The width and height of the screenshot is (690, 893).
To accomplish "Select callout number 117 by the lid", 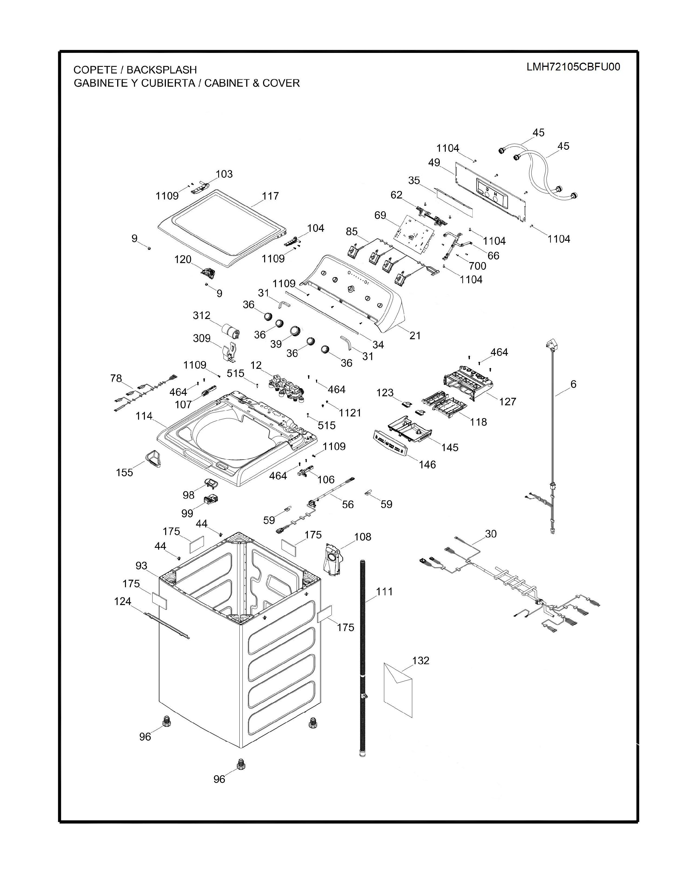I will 270,196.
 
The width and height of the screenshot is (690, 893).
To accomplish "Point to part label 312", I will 202,316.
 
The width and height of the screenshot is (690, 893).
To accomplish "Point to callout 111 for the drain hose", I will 384,591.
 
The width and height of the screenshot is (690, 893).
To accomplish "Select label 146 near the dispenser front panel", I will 427,465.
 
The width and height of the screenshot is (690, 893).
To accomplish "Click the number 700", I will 477,266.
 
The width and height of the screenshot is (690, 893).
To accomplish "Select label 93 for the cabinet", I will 141,565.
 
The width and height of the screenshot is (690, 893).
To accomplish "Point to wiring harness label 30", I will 490,534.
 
